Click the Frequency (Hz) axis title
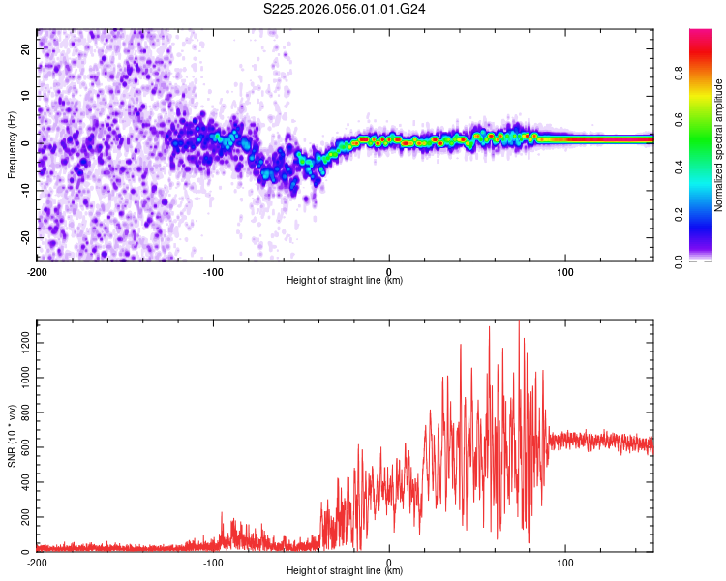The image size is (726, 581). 12,144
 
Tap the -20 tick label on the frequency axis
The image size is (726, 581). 25,237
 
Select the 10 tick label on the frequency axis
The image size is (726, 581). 25,96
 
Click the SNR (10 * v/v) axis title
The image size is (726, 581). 12,436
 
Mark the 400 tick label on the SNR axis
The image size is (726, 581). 23,481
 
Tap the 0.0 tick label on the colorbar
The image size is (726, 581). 679,260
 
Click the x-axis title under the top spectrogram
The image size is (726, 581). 345,280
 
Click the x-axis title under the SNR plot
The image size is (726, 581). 345,570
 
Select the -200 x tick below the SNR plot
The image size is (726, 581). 37,561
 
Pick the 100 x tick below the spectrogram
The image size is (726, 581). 565,270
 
